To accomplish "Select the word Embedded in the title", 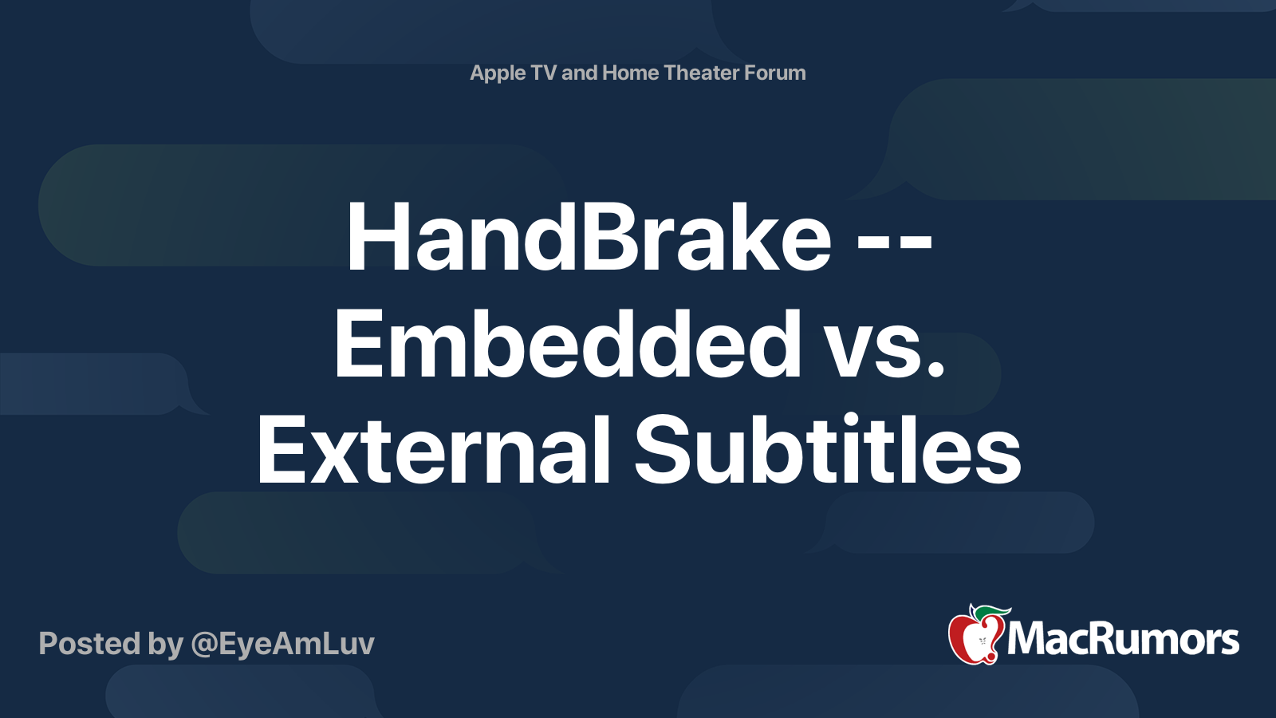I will [x=567, y=345].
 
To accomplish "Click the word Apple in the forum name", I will [x=498, y=73].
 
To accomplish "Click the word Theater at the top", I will [x=702, y=73].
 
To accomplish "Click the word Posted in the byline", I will [x=90, y=644].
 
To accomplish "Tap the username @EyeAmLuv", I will [x=283, y=644].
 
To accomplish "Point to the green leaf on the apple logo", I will [x=989, y=612].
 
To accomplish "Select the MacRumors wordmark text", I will [x=1123, y=640].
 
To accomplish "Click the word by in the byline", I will [x=166, y=644].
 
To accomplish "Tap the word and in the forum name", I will [x=579, y=73].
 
